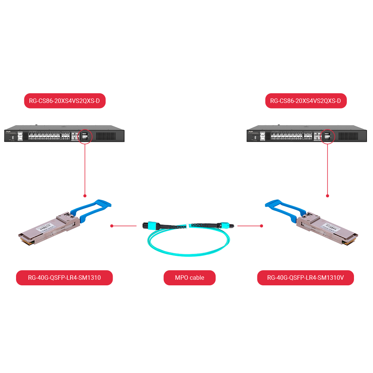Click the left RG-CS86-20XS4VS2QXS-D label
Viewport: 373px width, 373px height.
[65, 101]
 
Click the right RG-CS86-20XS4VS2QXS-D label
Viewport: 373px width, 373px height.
[306, 101]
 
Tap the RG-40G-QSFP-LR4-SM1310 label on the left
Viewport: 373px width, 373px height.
[64, 278]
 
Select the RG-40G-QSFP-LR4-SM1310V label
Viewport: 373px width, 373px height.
[305, 278]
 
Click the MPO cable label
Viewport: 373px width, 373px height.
[189, 278]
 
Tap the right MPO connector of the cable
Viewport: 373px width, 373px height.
[225, 225]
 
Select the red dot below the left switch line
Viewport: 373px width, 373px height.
[85, 195]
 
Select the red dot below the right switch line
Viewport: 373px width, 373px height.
[327, 195]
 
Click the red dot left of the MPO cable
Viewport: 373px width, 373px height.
[112, 226]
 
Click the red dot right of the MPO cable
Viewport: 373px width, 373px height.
[261, 226]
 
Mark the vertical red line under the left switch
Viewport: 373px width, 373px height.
[85, 168]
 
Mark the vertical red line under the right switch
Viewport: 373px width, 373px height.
[327, 168]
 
